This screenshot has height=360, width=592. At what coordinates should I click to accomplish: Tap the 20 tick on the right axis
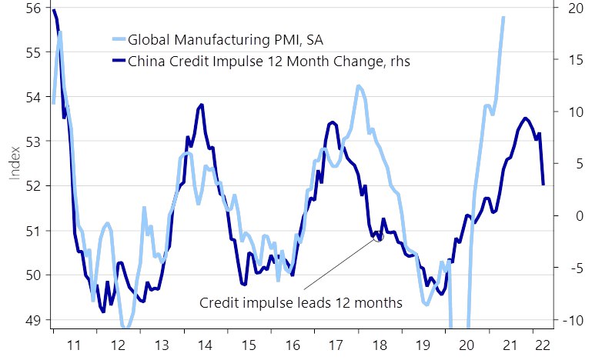[x=567, y=8]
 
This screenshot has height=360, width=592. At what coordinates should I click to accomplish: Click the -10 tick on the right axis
[x=567, y=319]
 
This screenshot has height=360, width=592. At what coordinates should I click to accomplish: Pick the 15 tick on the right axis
[x=567, y=60]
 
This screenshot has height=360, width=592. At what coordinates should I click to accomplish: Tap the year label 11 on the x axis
[x=75, y=345]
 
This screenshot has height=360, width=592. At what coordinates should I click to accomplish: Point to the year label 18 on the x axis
[x=379, y=345]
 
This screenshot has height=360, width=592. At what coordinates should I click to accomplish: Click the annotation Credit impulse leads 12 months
[x=301, y=302]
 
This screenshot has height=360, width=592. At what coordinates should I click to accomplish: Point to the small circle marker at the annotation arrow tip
[x=378, y=237]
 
